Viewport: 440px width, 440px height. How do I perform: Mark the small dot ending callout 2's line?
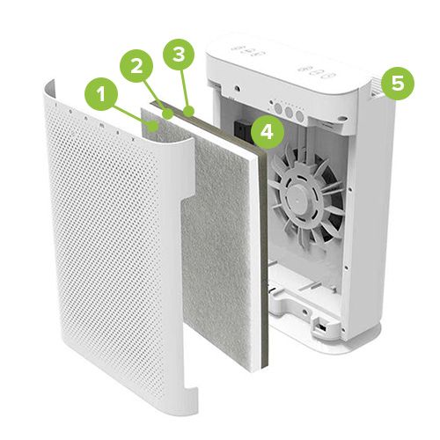(169, 114)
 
